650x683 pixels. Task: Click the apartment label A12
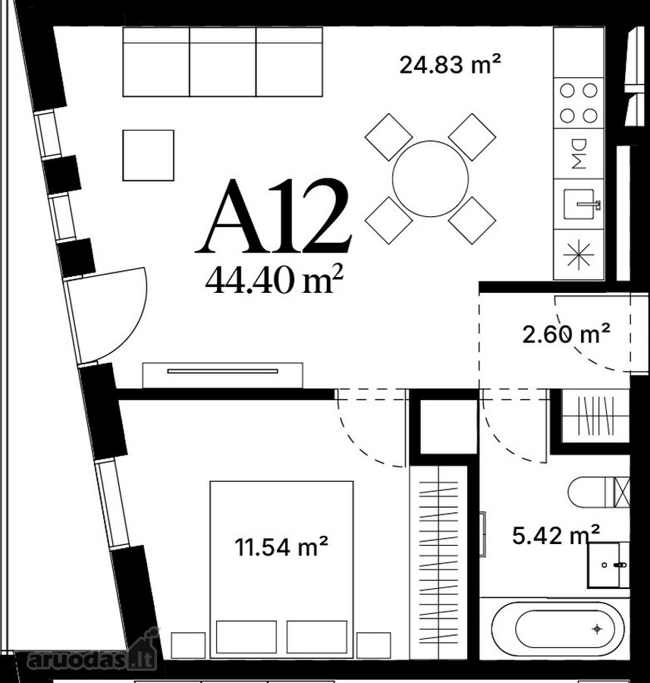coord(273,216)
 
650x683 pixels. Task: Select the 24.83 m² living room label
coord(450,65)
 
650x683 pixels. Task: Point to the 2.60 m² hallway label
coord(566,334)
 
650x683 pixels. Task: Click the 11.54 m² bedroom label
coord(281,546)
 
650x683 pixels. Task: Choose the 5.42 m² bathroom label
coord(556,534)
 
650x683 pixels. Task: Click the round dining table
coord(430,178)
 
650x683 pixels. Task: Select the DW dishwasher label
coord(579,154)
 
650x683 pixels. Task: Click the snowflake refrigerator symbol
coord(579,255)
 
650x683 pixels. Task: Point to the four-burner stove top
coord(579,103)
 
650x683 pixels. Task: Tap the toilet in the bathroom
coord(598,493)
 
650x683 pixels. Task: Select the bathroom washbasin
coord(608,565)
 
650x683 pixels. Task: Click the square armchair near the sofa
coord(149,155)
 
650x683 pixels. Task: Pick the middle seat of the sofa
coord(223,62)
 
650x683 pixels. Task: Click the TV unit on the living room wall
coord(222,375)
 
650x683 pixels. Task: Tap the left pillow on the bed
coord(246,637)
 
